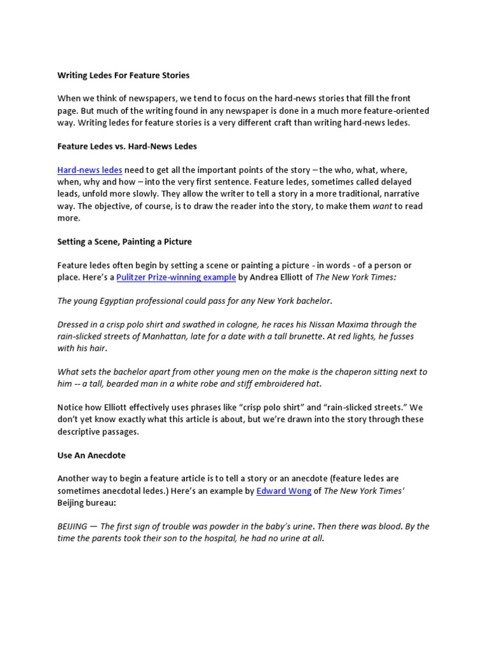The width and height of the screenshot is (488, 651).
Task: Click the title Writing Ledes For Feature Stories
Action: (x=123, y=75)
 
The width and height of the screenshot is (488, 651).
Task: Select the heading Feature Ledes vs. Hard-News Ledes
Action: (x=127, y=146)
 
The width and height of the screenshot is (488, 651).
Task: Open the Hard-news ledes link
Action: (x=90, y=170)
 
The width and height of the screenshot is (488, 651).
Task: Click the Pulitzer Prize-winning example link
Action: (x=176, y=277)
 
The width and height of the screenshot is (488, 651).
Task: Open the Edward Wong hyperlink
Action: (x=283, y=491)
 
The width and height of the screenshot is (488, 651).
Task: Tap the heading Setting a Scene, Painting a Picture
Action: (x=124, y=242)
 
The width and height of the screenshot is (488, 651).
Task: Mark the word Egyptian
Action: (x=125, y=301)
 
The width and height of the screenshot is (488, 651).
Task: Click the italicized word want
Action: (x=382, y=206)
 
